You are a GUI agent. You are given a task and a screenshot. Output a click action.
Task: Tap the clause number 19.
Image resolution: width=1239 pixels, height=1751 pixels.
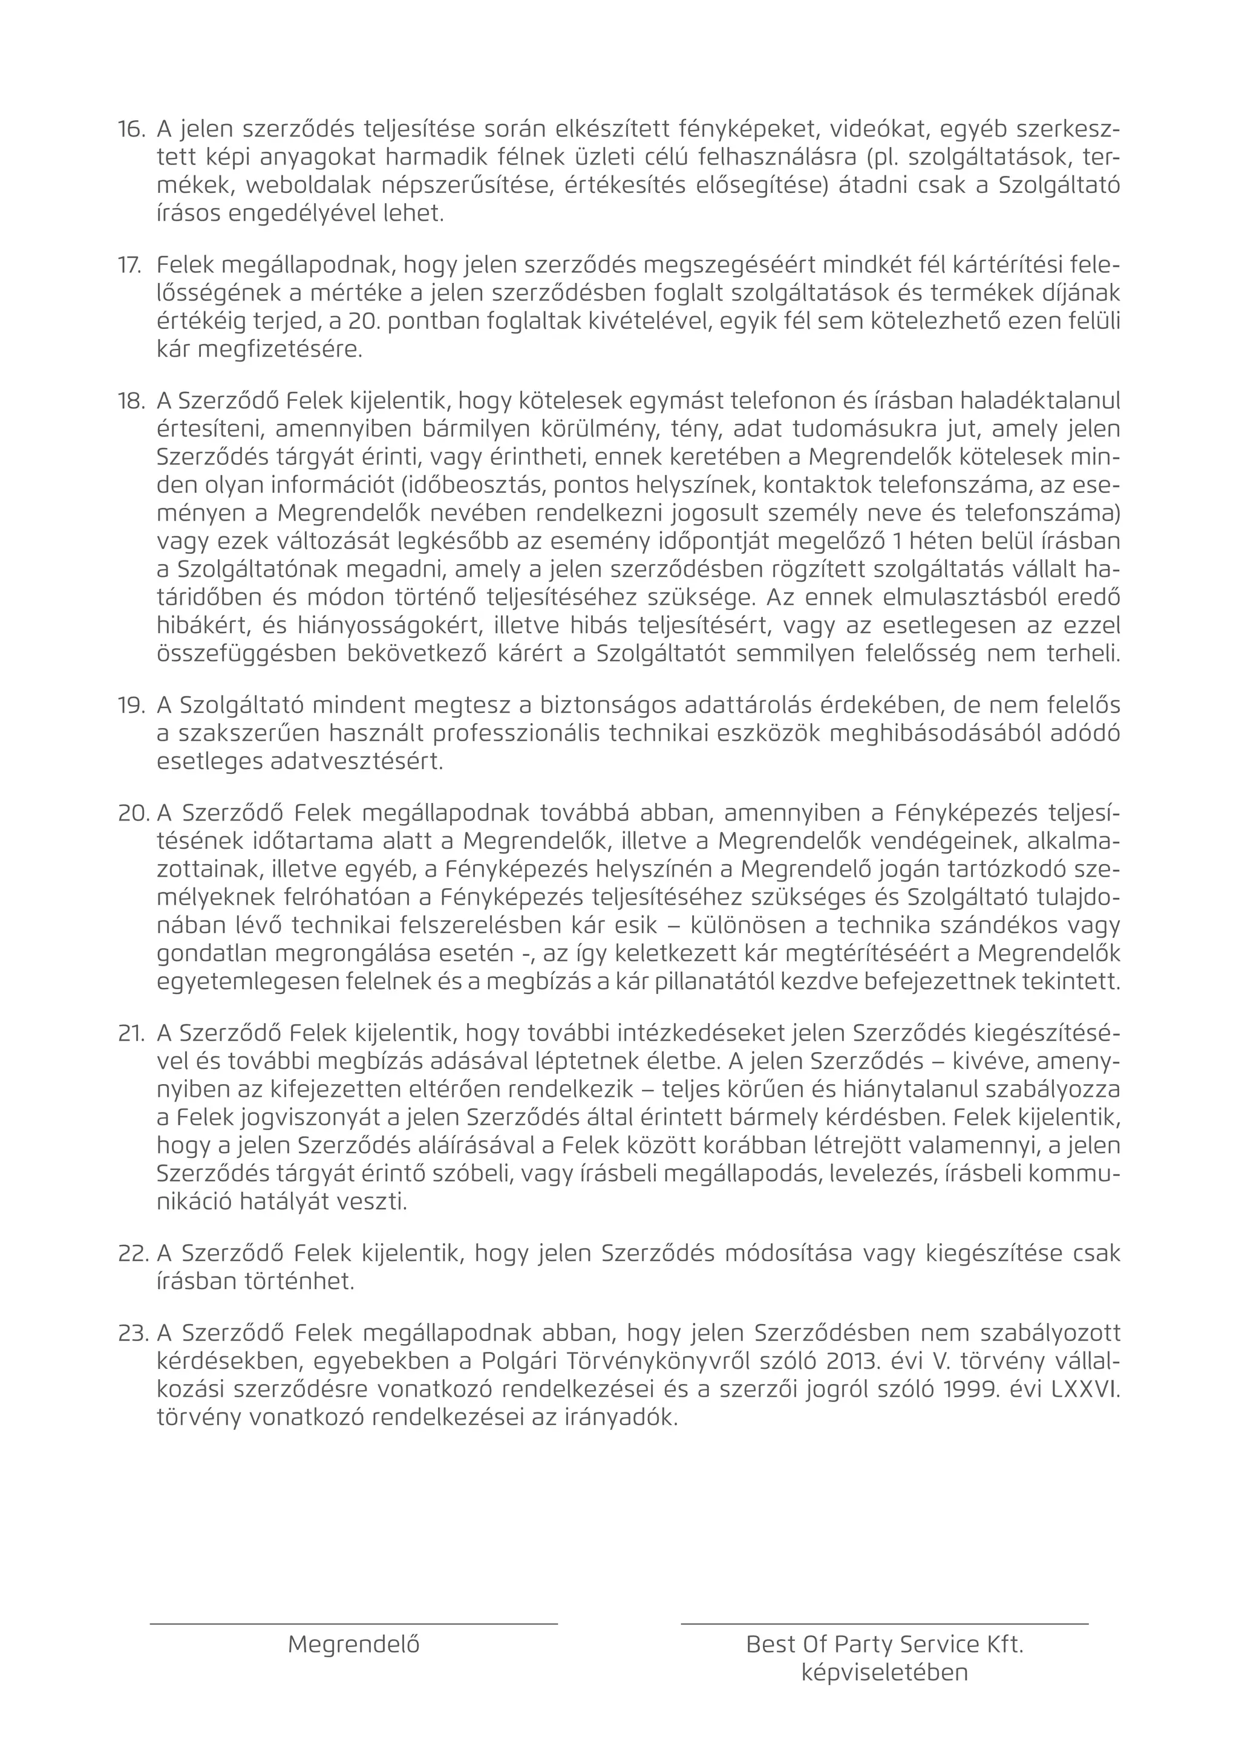click(x=131, y=706)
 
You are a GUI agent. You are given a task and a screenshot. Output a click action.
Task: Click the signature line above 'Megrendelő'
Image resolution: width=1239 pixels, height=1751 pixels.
click(x=353, y=1625)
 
